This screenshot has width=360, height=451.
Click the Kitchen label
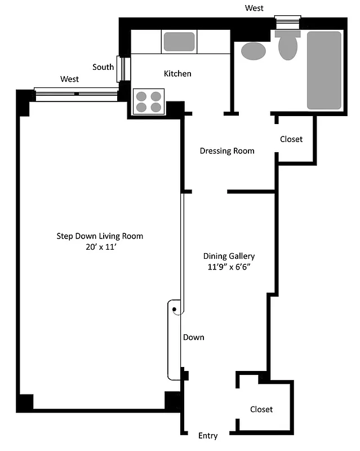pos(177,74)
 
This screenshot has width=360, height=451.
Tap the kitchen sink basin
pos(179,42)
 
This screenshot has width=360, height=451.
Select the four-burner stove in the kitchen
pos(149,101)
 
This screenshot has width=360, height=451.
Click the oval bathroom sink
pos(254,51)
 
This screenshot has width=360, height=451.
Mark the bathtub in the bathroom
pos(324,70)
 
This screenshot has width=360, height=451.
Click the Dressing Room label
pos(227,151)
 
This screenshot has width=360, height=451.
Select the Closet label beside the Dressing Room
pos(291,139)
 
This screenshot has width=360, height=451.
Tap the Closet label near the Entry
pos(261,409)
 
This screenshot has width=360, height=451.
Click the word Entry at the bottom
pos(208,436)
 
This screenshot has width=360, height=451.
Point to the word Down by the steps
pos(193,337)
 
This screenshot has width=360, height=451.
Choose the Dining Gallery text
pos(229,256)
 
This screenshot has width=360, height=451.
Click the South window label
pos(103,67)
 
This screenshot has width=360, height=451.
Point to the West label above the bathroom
pos(254,8)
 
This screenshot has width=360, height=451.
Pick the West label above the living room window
pos(70,79)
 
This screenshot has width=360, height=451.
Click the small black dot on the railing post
pos(175,309)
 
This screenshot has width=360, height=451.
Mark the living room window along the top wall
pos(76,93)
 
